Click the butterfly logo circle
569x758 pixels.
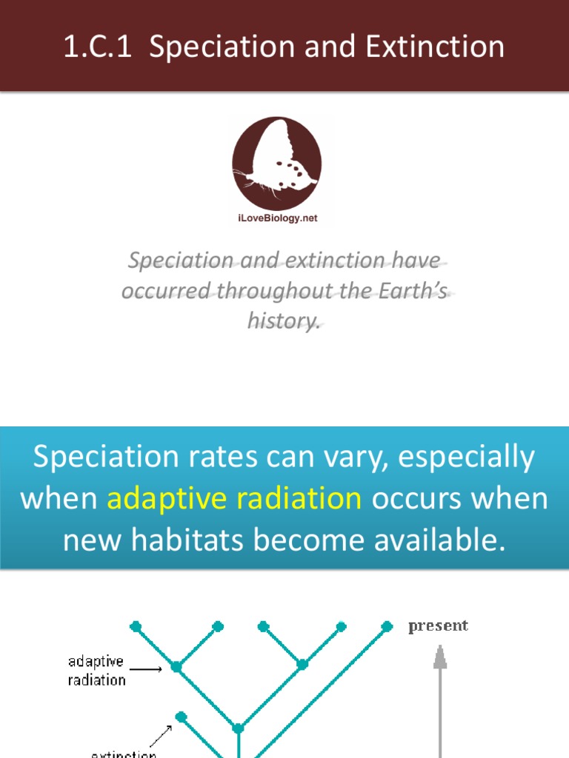(x=276, y=163)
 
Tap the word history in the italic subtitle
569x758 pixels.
(x=284, y=321)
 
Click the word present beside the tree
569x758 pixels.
(x=438, y=626)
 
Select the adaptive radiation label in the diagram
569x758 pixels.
(x=96, y=670)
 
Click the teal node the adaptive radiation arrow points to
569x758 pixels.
(x=176, y=667)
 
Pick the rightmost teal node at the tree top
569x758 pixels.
(x=387, y=626)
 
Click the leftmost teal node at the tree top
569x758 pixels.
(x=136, y=626)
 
